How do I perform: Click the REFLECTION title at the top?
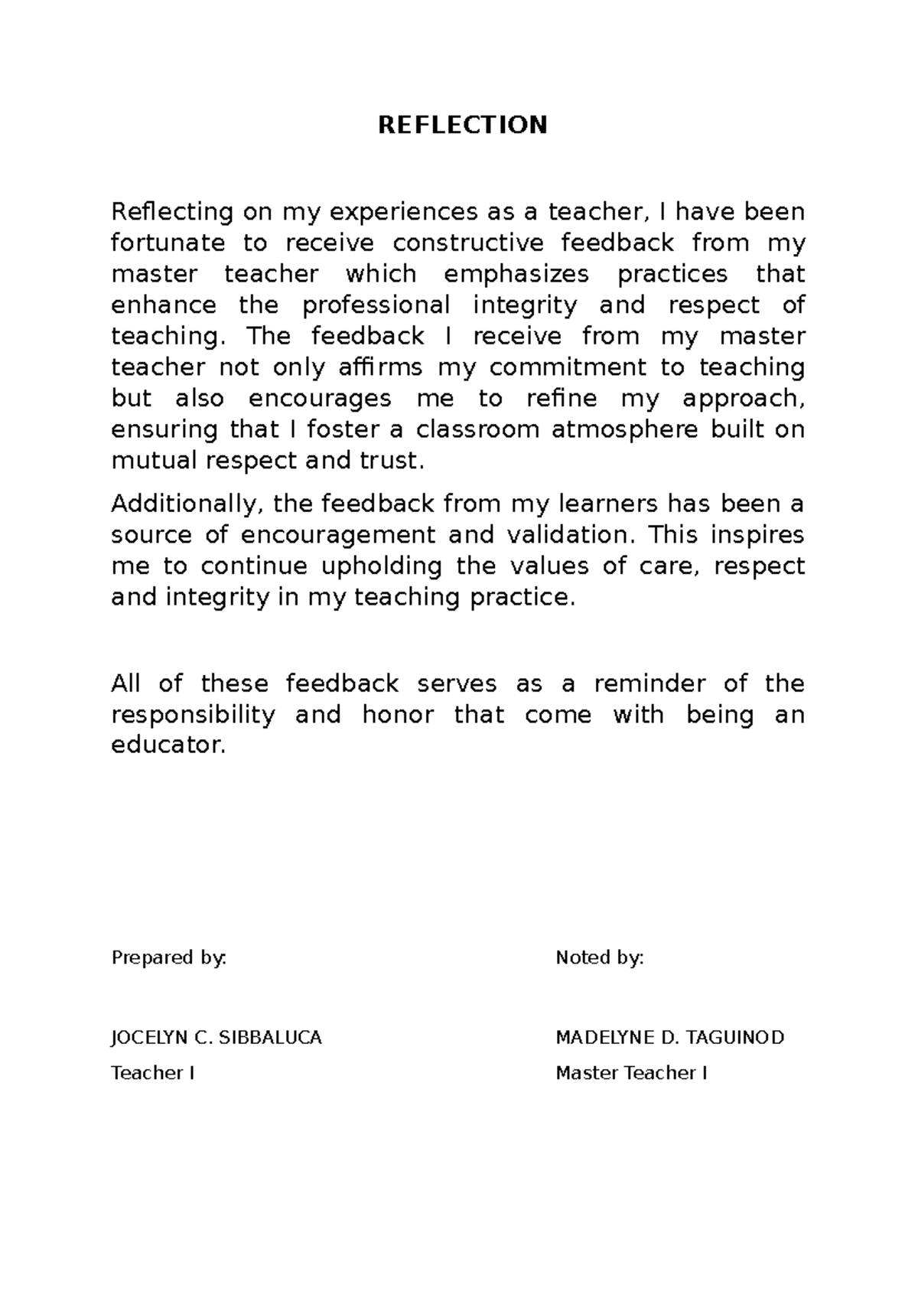coord(463,125)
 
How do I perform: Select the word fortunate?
coord(168,243)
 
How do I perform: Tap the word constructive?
coord(468,243)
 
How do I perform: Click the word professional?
coord(376,305)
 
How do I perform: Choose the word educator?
coord(168,745)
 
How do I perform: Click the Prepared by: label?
coord(169,958)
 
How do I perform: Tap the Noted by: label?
coord(600,958)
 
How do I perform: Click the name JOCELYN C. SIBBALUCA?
coord(216,1038)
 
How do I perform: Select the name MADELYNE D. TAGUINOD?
coord(669,1038)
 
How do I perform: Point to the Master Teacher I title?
coord(631,1073)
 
